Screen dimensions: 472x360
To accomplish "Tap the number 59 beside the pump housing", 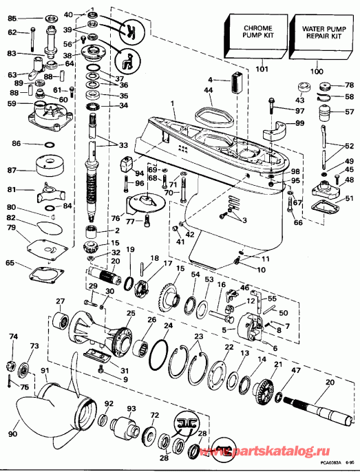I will click(12, 104).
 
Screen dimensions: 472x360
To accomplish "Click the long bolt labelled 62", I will click(32, 39).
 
